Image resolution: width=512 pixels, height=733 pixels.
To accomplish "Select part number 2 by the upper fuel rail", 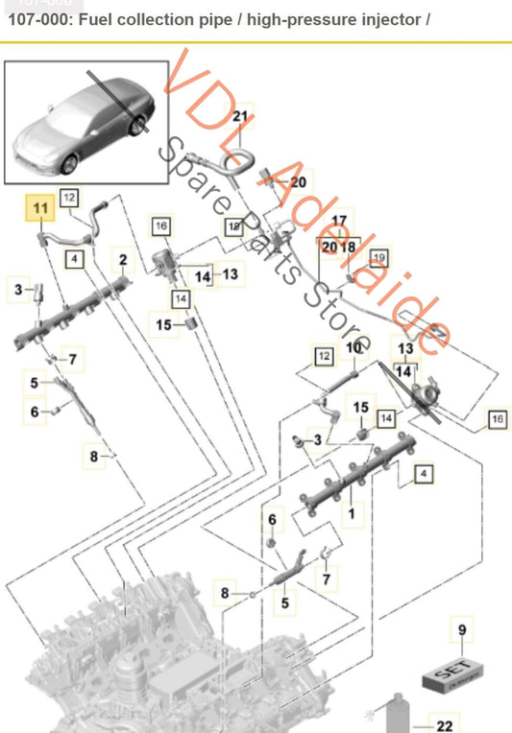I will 123,259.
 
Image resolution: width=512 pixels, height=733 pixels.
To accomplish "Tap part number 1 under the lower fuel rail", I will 353,512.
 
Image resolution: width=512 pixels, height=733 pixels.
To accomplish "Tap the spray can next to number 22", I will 393,714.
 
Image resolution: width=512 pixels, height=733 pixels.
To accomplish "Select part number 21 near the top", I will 240,117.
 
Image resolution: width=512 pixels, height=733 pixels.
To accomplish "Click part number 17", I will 338,221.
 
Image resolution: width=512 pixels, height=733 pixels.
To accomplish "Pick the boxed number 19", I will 378,257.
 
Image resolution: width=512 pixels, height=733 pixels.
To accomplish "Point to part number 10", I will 354,347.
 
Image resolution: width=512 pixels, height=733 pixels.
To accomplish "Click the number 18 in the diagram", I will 347,247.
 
